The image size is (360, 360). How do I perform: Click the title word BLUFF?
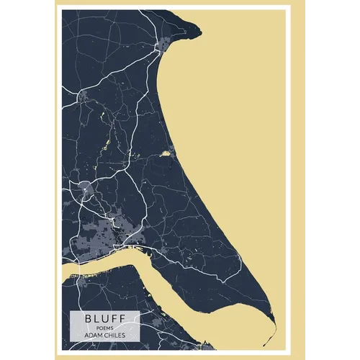coord(104,317)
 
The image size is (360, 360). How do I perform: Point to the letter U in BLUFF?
coord(104,317)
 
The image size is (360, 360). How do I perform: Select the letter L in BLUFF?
coord(96,317)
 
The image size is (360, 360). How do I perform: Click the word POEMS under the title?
coord(104,326)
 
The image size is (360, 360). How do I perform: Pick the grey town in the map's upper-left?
coord(86,95)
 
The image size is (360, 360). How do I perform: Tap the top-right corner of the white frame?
coord(290,6)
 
